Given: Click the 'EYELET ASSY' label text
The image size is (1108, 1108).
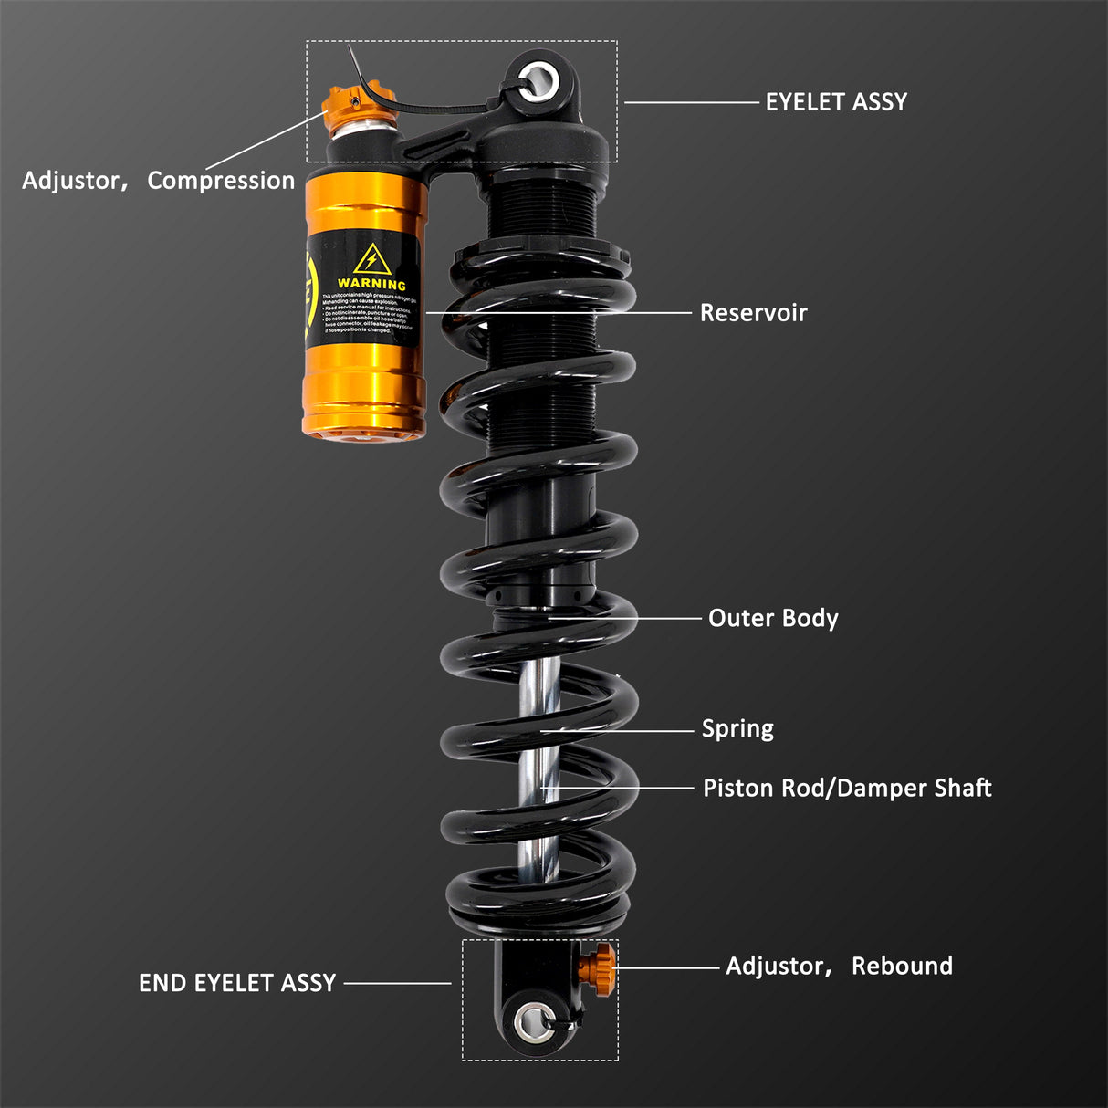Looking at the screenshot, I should coord(836,102).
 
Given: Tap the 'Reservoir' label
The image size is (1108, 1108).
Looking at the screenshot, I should coord(753,313).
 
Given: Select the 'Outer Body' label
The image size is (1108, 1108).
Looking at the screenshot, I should coord(773,618).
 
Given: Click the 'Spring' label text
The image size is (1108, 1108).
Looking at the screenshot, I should coord(737,728).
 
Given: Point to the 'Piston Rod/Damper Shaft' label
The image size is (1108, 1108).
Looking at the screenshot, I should coord(847,788).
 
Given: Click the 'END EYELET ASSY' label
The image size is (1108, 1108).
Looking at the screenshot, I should coord(237,983).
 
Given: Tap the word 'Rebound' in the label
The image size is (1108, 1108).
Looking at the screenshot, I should coord(902,966).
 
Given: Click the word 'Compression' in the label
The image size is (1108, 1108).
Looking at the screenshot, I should coord(221,181).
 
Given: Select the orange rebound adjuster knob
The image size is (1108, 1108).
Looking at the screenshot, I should coord(603,967).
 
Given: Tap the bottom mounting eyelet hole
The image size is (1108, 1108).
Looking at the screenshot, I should coord(530,1022).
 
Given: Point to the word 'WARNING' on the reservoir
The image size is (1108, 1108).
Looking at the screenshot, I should coord(371,284).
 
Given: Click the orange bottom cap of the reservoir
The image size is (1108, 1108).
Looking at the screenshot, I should coord(363,432).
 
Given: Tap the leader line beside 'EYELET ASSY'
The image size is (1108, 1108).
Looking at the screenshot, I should coord(691,102).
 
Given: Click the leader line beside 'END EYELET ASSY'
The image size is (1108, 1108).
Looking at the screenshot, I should coord(397,983).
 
